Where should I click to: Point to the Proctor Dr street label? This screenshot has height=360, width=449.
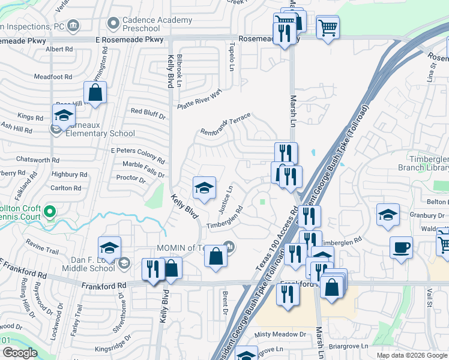click(131, 178)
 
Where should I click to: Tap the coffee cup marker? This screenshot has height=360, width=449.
click(401, 247)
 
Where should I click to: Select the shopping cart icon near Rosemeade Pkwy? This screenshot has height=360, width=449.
click(328, 27)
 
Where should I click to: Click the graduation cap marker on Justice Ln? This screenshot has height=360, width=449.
click(204, 188)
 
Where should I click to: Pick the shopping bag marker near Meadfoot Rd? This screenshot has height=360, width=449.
click(95, 93)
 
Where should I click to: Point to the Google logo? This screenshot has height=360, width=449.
click(19, 353)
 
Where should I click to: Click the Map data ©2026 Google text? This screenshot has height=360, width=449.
click(411, 355)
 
